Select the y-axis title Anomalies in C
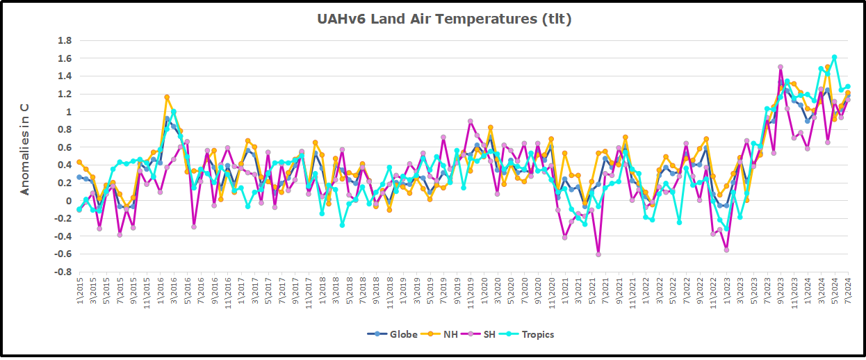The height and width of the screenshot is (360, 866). pos(26,149)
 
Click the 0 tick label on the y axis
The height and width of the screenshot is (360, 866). pos(67,201)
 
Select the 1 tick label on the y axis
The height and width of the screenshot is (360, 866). pos(67,112)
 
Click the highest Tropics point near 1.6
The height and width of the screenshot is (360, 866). pos(834,57)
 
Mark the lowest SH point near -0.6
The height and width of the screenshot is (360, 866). pos(598,254)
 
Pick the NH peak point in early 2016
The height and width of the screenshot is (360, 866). pos(167,97)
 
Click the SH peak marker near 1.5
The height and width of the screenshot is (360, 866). pos(780,67)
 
